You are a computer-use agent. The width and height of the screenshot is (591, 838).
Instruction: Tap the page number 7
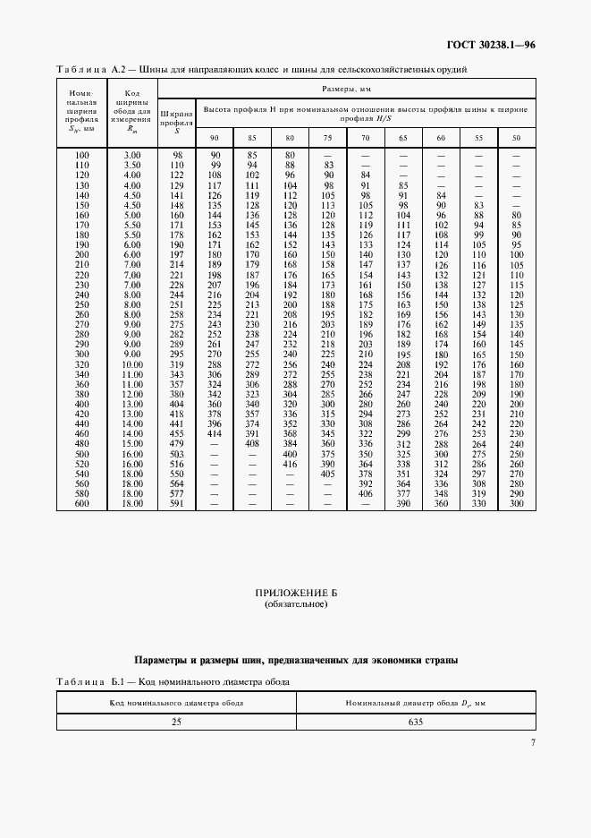click(x=532, y=742)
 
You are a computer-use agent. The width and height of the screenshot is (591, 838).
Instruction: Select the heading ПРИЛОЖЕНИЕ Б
click(x=295, y=594)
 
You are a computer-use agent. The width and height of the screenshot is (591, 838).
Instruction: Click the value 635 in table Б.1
click(x=415, y=722)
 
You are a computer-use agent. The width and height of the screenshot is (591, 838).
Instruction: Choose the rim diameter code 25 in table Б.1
click(x=176, y=722)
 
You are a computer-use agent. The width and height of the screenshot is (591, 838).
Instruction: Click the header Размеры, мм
click(x=347, y=90)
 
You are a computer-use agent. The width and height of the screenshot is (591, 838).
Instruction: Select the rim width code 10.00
click(x=132, y=364)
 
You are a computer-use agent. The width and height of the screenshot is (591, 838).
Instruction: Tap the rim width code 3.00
click(x=132, y=156)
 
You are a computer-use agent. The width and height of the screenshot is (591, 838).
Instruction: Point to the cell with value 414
click(x=215, y=433)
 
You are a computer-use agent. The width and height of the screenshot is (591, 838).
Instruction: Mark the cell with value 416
click(x=290, y=466)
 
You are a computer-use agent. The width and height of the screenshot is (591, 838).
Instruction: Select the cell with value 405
click(x=327, y=475)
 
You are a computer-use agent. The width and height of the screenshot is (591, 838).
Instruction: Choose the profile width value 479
click(x=176, y=443)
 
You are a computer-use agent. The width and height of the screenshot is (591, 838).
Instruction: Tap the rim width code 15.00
click(x=132, y=443)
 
